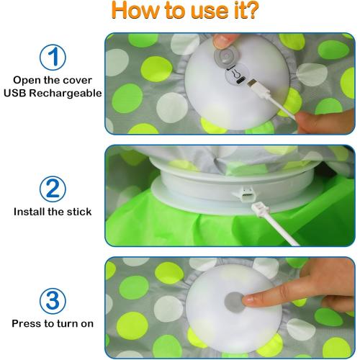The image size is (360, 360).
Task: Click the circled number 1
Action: click(x=51, y=57)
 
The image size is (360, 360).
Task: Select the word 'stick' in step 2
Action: click(x=82, y=212)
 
